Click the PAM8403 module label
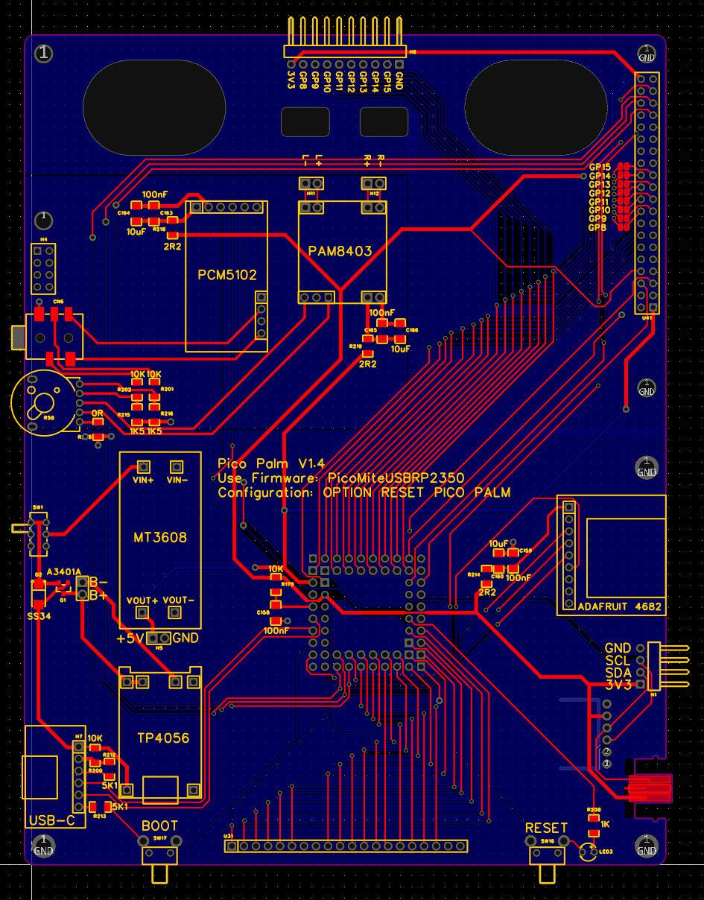pos(340,251)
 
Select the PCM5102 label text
pos(227,275)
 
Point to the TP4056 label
pos(163,738)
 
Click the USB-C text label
pos(51,821)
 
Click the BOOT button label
pos(159,825)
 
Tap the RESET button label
pos(546,828)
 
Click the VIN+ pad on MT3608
pos(143,467)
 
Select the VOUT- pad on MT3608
pos(175,612)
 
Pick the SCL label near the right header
pos(618,661)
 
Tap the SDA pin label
pos(618,673)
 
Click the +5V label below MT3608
pos(130,638)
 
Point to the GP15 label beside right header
pos(599,168)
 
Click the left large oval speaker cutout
pos(154,108)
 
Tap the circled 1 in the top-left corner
pos(45,53)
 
